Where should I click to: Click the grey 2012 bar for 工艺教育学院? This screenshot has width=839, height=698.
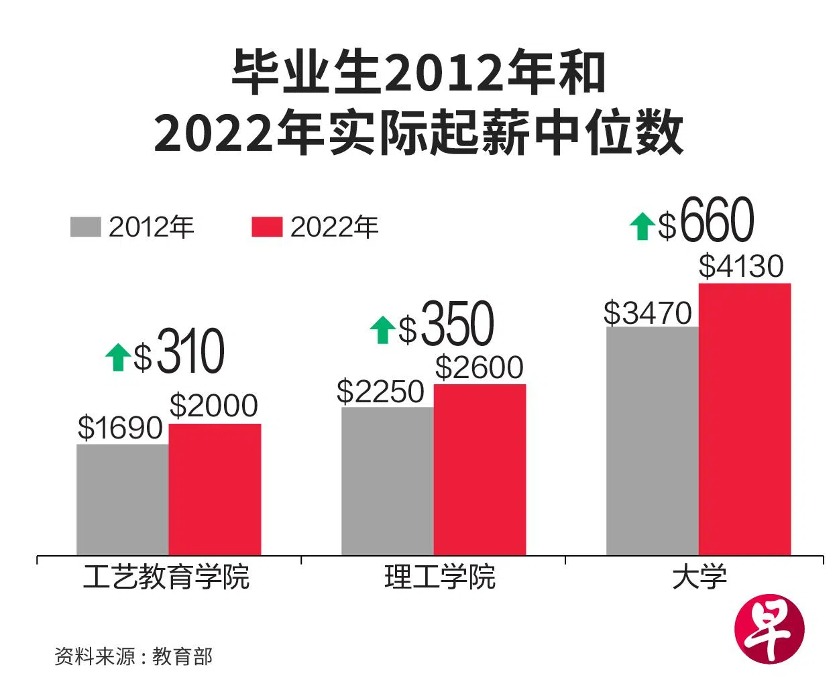[x=122, y=500]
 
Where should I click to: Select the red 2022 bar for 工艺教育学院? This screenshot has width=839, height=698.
[x=215, y=489]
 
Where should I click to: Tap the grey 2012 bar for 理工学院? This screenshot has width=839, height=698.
[x=387, y=481]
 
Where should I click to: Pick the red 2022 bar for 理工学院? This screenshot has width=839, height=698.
[x=480, y=469]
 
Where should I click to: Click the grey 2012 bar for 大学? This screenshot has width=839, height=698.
[x=652, y=441]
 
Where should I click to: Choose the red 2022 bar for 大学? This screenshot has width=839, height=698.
[x=744, y=419]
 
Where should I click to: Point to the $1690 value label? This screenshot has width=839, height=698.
[x=120, y=428]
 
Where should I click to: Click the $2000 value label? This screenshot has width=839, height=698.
[x=213, y=406]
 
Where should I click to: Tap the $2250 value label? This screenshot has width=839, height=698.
[x=380, y=392]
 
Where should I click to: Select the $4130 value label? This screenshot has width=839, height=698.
[x=740, y=266]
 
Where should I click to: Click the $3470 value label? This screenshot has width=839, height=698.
[x=647, y=313]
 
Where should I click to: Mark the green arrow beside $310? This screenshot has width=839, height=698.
[x=118, y=357]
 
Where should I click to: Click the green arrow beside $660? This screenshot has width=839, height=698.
[x=642, y=226]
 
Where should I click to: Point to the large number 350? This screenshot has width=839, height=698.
[x=457, y=325]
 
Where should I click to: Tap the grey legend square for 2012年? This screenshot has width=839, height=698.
[x=85, y=227]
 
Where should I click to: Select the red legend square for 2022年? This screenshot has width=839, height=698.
[x=267, y=227]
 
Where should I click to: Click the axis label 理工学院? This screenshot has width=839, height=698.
[x=440, y=577]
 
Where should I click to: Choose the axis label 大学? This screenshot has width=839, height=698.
[x=700, y=577]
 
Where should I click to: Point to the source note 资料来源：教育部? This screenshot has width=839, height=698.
[x=133, y=656]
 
